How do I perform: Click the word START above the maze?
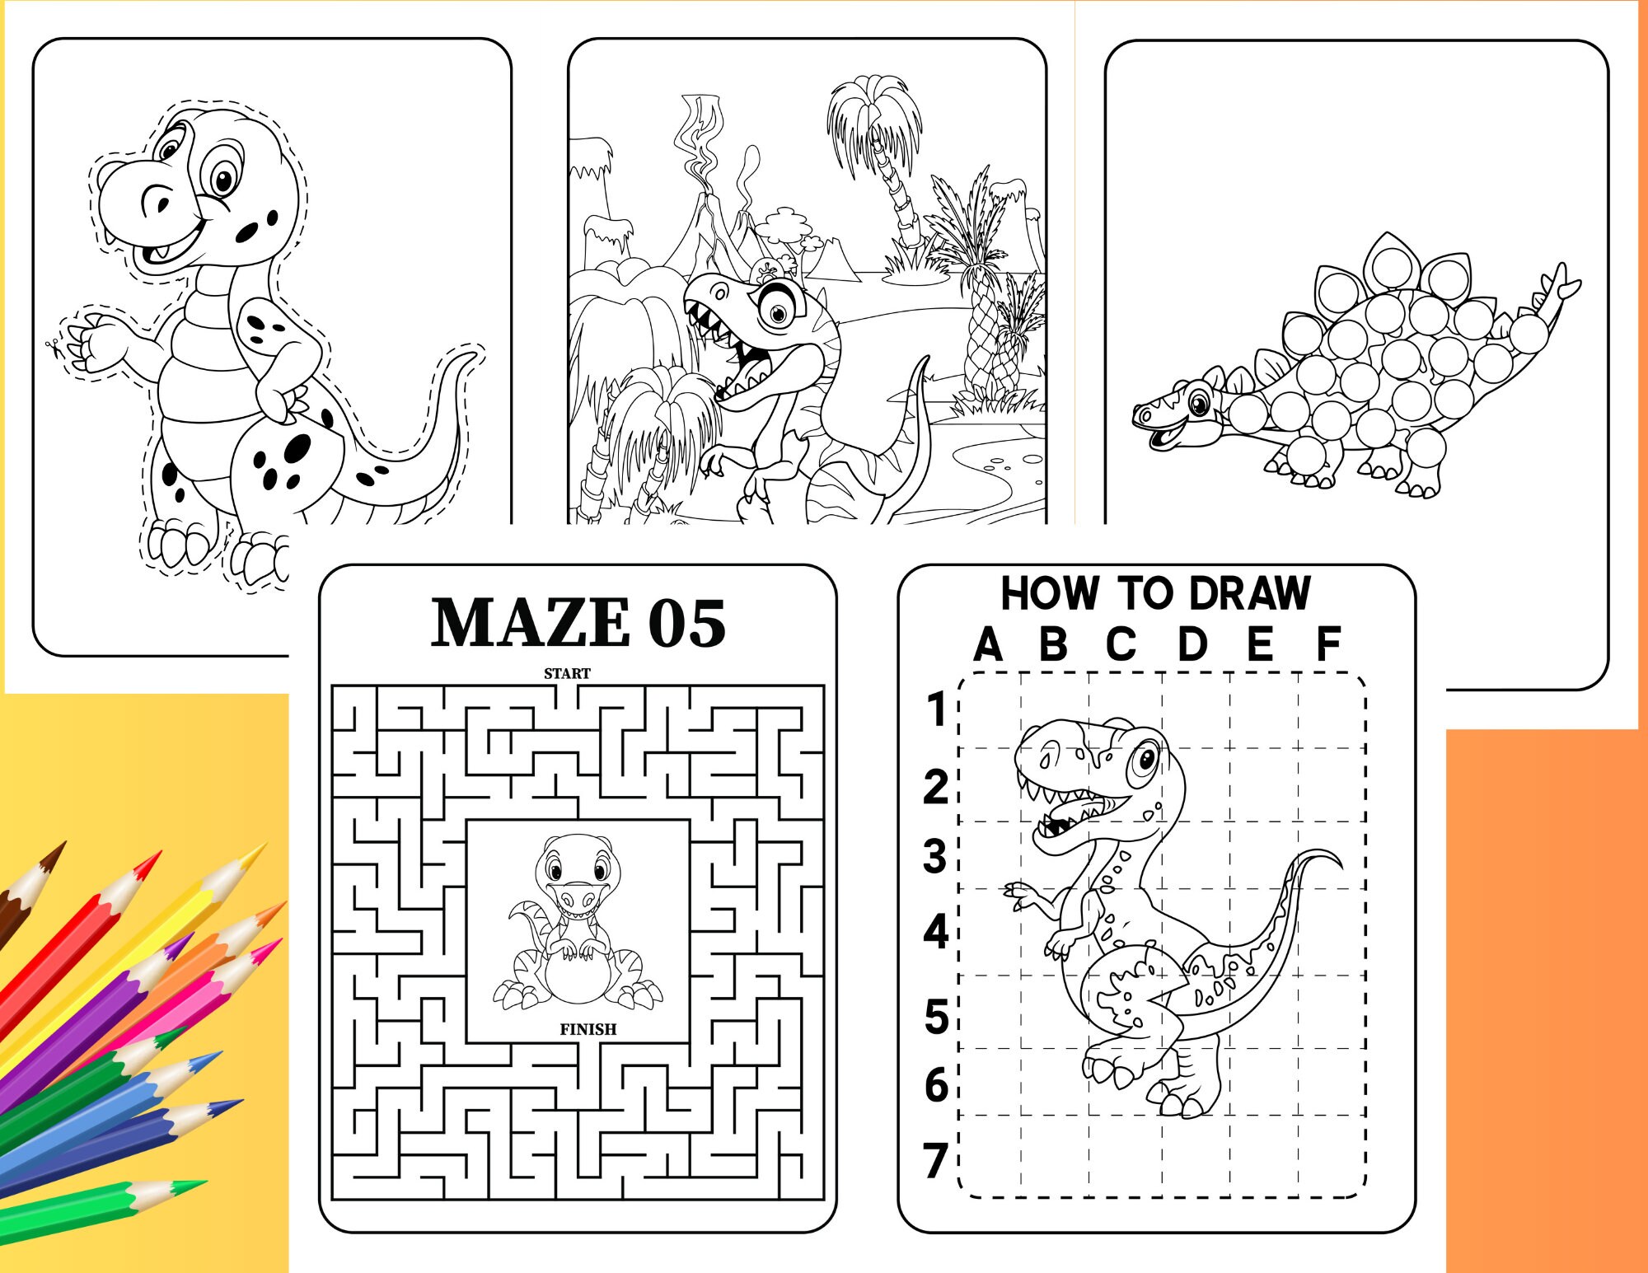567,673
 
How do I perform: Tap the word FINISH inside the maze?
588,1029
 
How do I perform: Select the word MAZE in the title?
531,624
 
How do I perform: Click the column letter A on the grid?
988,644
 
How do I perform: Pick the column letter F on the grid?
1327,644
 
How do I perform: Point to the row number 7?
935,1160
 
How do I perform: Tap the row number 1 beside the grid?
936,709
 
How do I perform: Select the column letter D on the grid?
1192,644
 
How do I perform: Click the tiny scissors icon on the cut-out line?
54,347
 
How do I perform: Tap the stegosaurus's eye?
1199,404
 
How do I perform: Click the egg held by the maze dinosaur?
577,975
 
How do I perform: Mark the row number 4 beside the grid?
936,932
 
